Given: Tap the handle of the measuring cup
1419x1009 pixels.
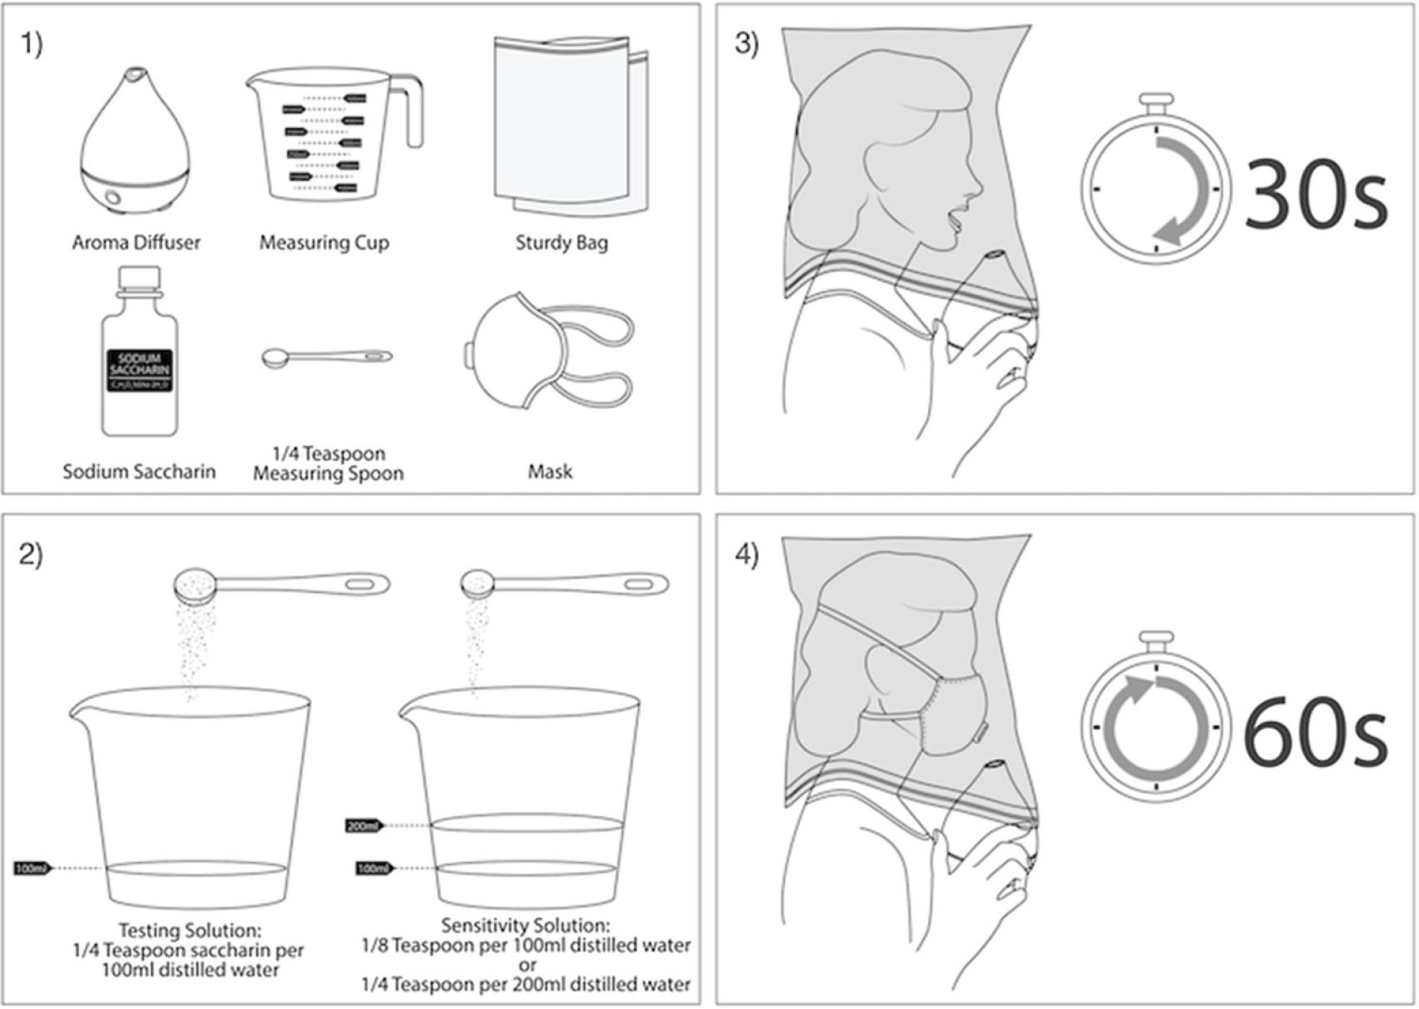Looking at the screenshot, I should [x=413, y=112].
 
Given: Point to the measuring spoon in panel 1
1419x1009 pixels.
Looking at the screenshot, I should [x=326, y=358].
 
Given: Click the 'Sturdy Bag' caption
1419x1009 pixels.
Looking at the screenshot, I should [x=561, y=243].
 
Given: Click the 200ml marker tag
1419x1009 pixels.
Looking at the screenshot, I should [x=363, y=826].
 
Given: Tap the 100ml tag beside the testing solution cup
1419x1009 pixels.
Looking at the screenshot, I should [x=32, y=868].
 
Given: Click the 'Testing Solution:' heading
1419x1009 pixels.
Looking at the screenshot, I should [x=190, y=930].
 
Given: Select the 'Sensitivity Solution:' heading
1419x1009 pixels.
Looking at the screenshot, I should [x=526, y=925].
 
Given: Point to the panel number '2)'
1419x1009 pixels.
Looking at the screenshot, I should [x=31, y=554].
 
